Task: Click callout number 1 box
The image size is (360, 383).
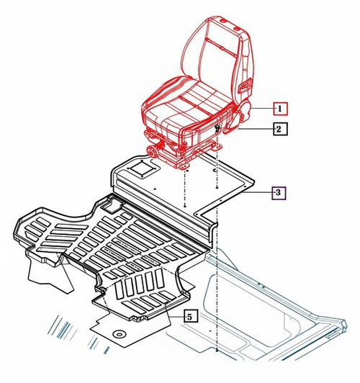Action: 279,109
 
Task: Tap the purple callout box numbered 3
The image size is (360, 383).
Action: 279,192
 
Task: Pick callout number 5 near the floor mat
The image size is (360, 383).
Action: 189,315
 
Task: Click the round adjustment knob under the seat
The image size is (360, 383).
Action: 153,152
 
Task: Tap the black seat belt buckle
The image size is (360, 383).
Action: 217,127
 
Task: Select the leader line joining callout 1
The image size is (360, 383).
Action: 261,109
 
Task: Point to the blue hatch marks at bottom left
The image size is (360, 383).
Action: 63,328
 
